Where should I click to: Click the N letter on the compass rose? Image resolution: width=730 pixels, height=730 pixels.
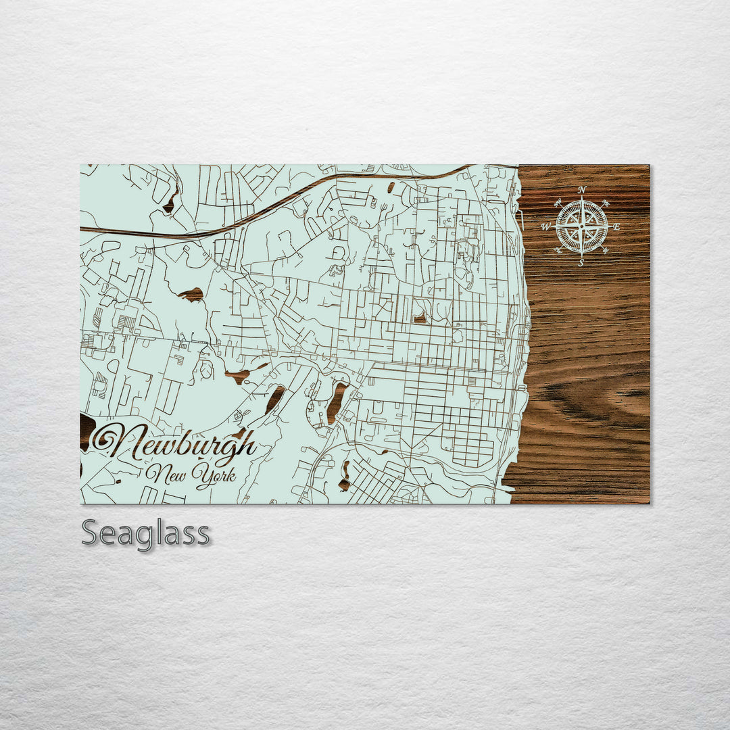[x=582, y=190]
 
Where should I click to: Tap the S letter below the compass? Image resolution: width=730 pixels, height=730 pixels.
[x=581, y=263]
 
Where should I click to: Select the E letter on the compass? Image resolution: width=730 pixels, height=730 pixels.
[x=616, y=227]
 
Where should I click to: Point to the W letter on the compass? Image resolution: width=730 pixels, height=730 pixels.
[x=545, y=227]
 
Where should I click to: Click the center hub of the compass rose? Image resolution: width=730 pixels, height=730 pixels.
[x=581, y=227]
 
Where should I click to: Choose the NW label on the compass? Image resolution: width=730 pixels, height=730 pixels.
[x=558, y=202]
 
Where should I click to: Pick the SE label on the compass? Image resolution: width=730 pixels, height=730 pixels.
[x=606, y=251]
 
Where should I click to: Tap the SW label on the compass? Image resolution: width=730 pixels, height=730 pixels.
[x=558, y=251]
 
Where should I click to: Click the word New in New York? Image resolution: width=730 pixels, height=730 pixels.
[x=166, y=474]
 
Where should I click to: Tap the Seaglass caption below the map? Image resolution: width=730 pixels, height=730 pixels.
[x=145, y=534]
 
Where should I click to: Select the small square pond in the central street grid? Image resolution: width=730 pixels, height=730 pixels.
[x=420, y=318]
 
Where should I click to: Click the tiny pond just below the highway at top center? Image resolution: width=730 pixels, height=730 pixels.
[x=391, y=187]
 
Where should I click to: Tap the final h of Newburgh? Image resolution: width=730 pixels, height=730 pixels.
[x=248, y=445]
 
